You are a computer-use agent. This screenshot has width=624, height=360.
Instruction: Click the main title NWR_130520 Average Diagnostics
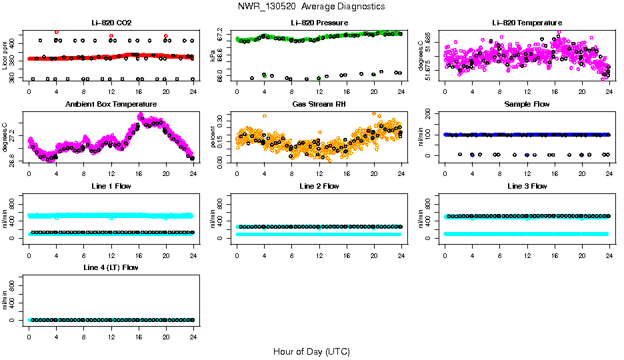click(311, 6)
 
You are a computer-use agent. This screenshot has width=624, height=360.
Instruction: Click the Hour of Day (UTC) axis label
click(311, 351)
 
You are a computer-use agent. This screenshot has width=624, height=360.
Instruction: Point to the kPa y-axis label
click(213, 55)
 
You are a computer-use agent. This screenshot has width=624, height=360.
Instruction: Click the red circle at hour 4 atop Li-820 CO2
click(56, 32)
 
